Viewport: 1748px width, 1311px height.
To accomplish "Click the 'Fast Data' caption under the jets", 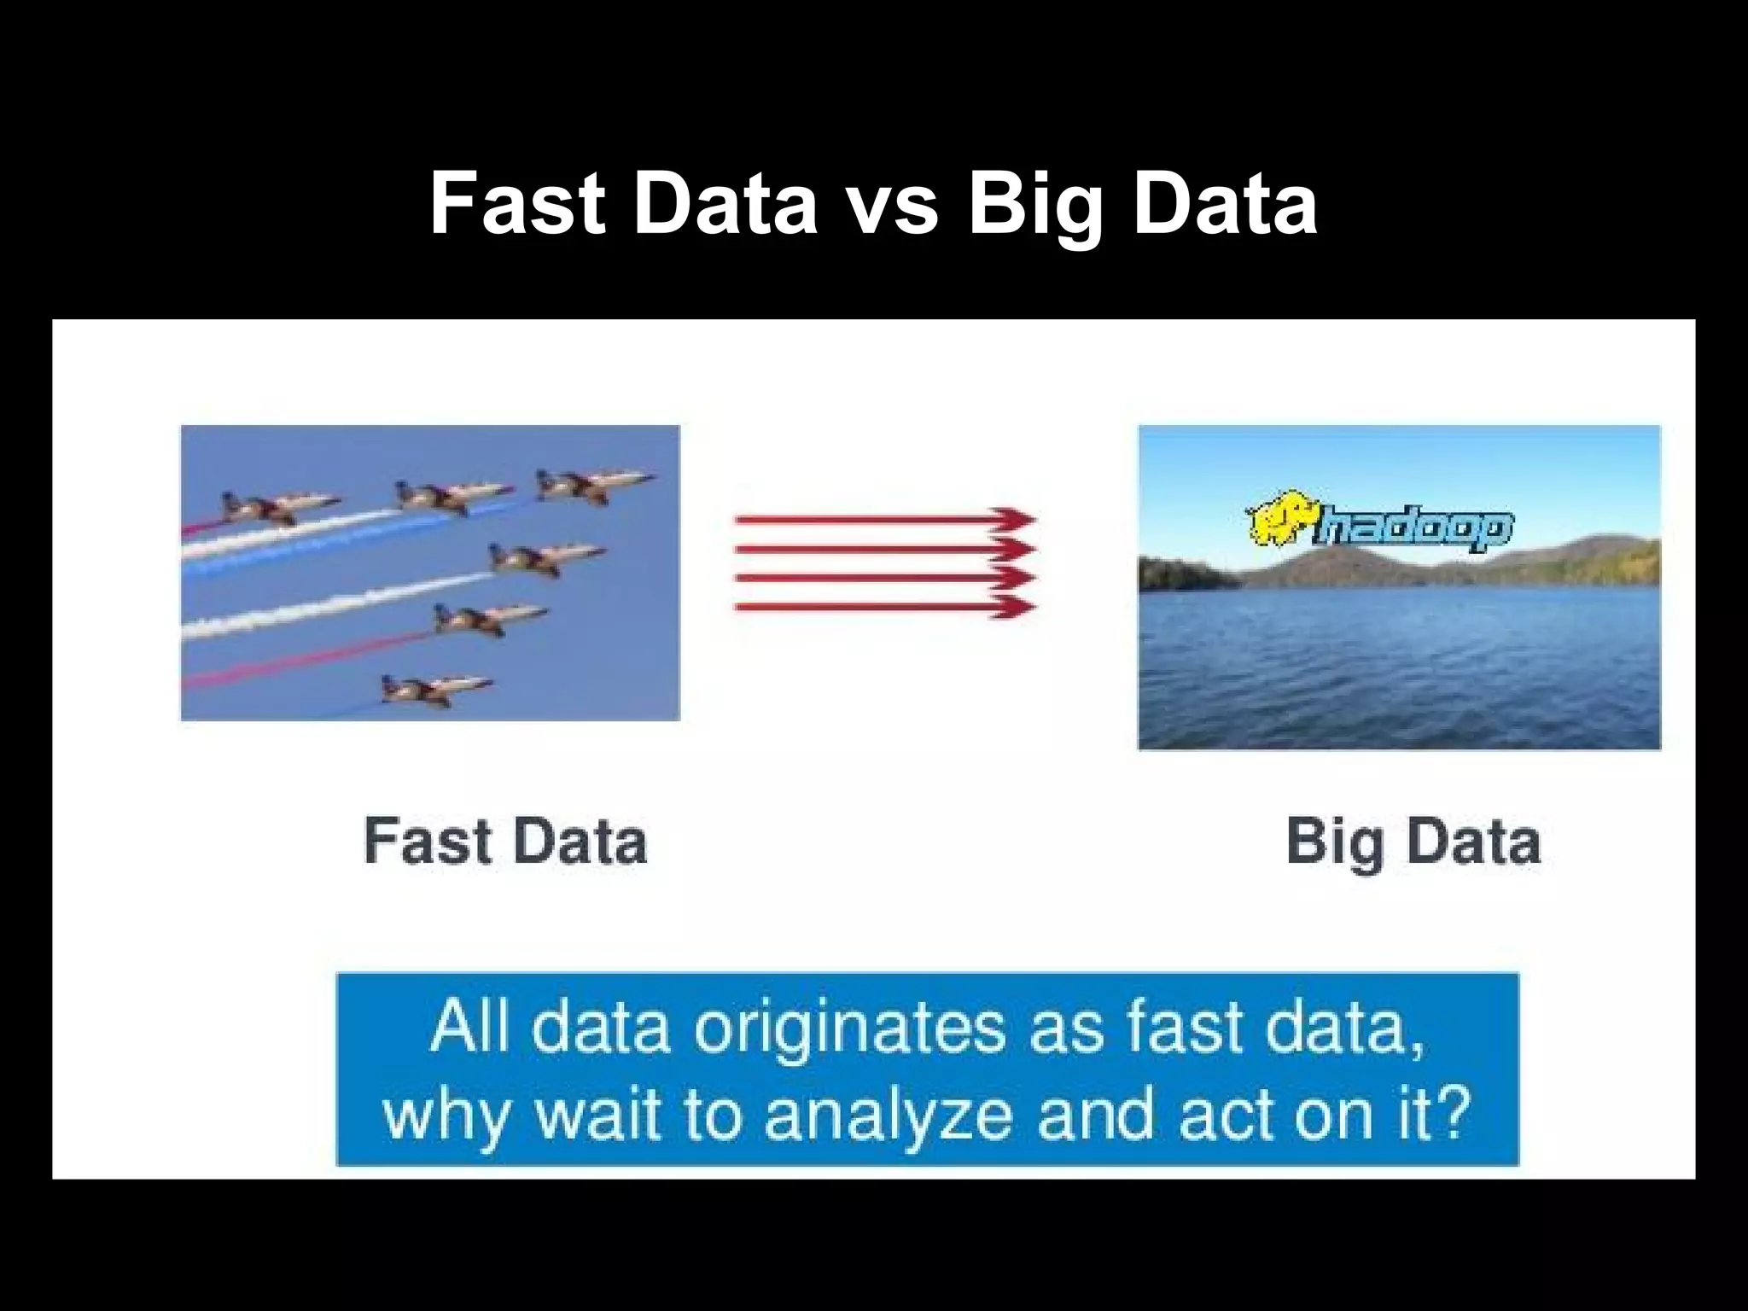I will (x=505, y=842).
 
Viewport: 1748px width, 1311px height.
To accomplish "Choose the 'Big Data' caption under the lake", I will (x=1413, y=842).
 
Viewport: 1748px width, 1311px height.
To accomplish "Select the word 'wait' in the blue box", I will (x=597, y=1115).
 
